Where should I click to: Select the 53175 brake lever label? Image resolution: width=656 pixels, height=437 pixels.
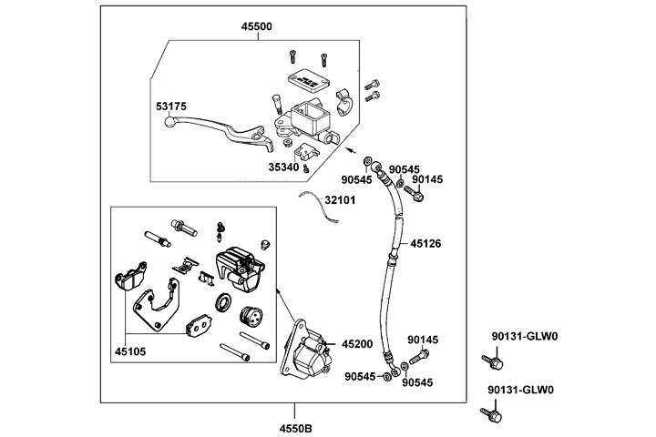[x=170, y=107]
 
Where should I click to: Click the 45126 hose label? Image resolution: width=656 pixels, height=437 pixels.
[x=425, y=243]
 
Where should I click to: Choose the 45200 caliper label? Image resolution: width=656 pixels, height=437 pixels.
[x=357, y=343]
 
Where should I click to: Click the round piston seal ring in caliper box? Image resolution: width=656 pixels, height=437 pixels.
[x=223, y=302]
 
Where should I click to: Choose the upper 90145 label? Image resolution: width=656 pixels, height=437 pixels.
[x=427, y=179]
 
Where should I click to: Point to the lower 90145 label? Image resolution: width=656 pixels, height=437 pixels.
[x=423, y=340]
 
